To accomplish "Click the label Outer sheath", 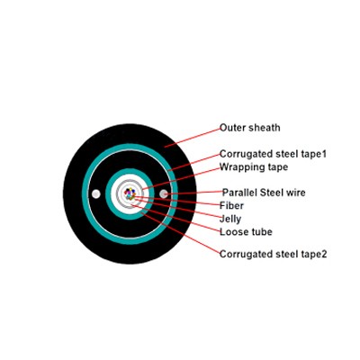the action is point(250,128).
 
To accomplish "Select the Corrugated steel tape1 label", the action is point(273,154).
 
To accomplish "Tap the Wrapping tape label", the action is point(254,167).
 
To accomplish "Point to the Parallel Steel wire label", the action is point(264,193).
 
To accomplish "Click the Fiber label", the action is point(231,205).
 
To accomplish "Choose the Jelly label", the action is point(230,219).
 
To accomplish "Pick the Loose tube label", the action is point(246,232).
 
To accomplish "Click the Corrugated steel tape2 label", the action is point(273,254).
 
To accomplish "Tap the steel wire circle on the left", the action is point(96,194).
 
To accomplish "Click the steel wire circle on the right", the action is point(164,193).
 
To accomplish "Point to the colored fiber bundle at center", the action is point(130,193).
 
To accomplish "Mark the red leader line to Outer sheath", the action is point(193,138).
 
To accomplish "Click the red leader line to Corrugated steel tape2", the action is point(181,233).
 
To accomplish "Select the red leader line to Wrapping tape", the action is point(181,179).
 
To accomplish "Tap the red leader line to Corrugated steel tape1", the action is point(194,163).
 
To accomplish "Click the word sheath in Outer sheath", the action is point(265,128).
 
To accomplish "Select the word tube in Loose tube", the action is point(261,232).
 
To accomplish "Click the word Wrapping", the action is point(240,167).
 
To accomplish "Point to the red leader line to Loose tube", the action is point(175,218).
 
